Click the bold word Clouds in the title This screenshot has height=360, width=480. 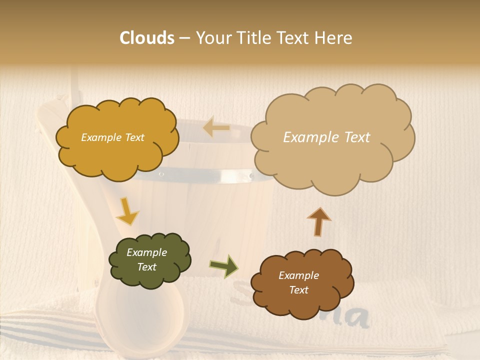point(147,38)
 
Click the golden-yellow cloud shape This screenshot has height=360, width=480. point(116,137)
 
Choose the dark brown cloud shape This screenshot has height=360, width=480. point(300,283)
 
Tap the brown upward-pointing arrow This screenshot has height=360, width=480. point(319,221)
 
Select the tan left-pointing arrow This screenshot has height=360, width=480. point(216,127)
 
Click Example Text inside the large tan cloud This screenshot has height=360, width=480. point(326,137)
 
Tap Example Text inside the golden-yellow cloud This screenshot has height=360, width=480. point(112,137)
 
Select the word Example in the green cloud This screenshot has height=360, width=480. point(146,252)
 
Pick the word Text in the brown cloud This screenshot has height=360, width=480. point(298,290)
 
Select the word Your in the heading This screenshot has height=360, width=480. point(210,38)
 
